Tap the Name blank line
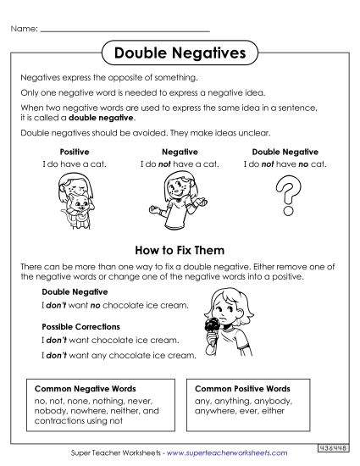click(125, 30)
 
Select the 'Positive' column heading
click(74, 152)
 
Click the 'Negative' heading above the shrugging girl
click(179, 152)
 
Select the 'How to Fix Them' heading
click(180, 251)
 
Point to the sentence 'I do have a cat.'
click(74, 163)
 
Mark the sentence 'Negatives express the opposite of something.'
click(108, 77)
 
